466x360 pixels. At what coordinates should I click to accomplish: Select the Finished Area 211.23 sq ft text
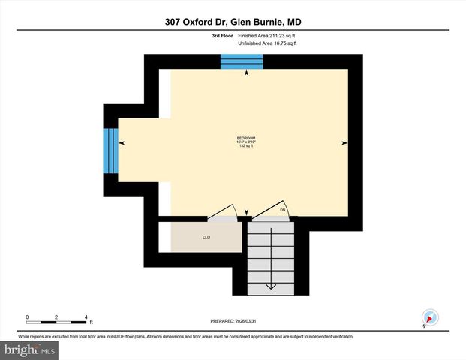(x=268, y=35)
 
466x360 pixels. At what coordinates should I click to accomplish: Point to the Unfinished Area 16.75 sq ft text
(x=268, y=43)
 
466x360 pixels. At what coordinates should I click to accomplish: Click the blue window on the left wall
(x=111, y=150)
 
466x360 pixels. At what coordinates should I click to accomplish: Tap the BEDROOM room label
(x=246, y=138)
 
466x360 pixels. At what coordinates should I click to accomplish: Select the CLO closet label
(x=206, y=237)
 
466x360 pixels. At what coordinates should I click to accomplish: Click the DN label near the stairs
(x=284, y=210)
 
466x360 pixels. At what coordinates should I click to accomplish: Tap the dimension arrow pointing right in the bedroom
(x=344, y=142)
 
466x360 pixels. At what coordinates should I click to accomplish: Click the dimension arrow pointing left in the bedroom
(x=122, y=142)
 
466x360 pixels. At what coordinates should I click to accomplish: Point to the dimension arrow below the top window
(x=247, y=73)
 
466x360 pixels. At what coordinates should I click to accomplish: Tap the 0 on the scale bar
(x=27, y=316)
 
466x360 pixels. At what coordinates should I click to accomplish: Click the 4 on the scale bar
(x=86, y=316)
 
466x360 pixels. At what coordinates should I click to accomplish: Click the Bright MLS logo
(x=29, y=350)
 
